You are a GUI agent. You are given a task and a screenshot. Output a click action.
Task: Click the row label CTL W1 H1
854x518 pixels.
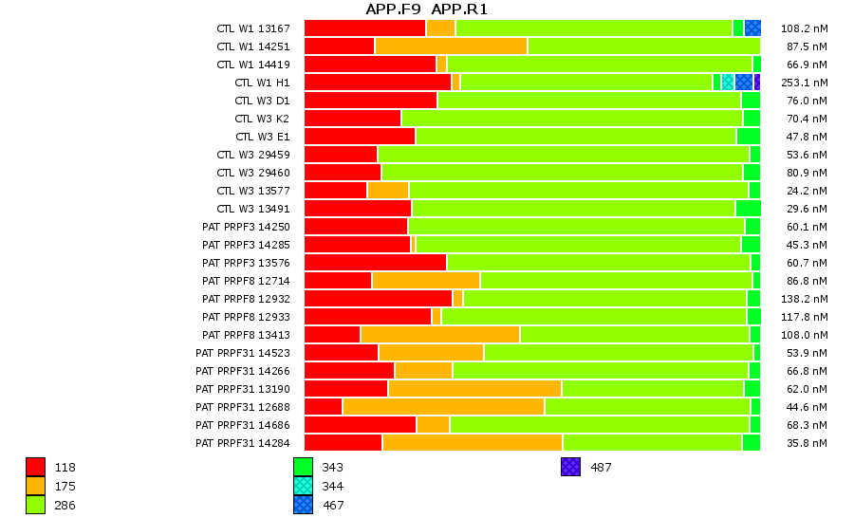[x=262, y=83]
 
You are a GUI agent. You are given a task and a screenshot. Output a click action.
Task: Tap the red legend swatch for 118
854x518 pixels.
[x=35, y=467]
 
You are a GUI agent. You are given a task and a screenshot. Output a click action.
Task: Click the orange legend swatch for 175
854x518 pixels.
[x=35, y=486]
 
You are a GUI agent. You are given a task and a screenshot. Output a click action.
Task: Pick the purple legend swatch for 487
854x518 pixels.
[x=570, y=467]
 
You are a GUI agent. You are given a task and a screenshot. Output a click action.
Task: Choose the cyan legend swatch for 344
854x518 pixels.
[x=303, y=486]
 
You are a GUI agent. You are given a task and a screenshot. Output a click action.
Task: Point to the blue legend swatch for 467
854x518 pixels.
[x=303, y=505]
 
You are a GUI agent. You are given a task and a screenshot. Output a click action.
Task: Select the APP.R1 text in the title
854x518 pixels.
[x=459, y=9]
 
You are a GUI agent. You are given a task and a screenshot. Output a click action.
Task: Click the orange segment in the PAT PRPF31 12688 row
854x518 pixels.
[x=443, y=406]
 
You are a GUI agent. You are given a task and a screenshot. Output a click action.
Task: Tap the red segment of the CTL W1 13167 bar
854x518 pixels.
[x=364, y=28]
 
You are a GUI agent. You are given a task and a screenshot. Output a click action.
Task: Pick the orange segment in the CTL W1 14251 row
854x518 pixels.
[x=451, y=46]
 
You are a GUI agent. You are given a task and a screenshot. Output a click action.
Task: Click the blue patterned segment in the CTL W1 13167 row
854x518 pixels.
[x=752, y=28]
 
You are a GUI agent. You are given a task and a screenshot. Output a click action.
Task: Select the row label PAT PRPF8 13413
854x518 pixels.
[x=246, y=335]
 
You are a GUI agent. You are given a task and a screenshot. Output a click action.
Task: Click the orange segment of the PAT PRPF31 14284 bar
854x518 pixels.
[x=472, y=442]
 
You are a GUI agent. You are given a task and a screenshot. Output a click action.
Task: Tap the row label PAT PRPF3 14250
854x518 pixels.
[x=246, y=227]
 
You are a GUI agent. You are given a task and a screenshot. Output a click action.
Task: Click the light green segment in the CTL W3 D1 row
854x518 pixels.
[x=588, y=101]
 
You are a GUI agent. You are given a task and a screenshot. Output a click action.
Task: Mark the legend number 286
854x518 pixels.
[x=65, y=505]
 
